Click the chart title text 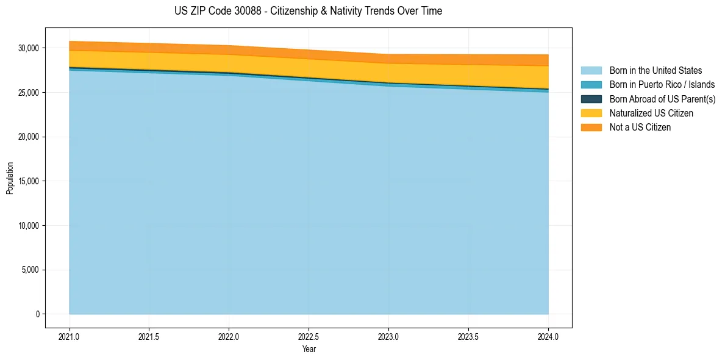click(x=308, y=11)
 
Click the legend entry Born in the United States click(x=655, y=71)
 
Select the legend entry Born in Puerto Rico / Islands click(x=662, y=85)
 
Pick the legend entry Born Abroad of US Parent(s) click(x=662, y=99)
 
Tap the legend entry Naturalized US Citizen click(x=651, y=113)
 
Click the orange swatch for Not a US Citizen click(x=591, y=127)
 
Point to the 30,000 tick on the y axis click(x=29, y=48)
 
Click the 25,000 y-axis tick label click(x=29, y=93)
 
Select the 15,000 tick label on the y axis click(x=29, y=181)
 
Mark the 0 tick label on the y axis click(x=38, y=314)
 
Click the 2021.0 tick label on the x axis click(x=69, y=336)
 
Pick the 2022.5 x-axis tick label click(x=309, y=336)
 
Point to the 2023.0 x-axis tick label click(x=388, y=336)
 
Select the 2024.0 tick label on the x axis click(x=548, y=336)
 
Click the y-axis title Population click(x=10, y=178)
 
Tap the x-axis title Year click(x=309, y=349)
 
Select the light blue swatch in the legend click(x=591, y=71)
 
